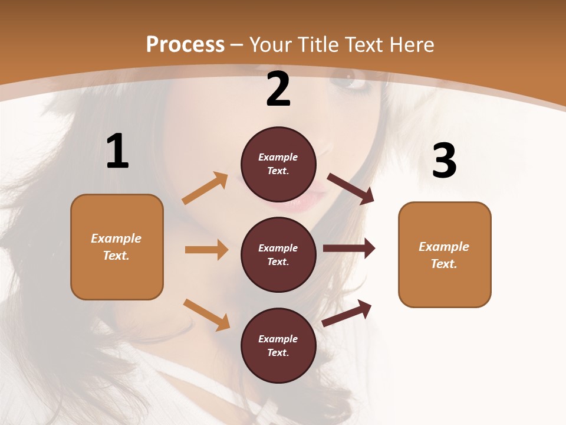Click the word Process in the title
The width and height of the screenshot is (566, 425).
[185, 45]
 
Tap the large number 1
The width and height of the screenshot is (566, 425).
[117, 152]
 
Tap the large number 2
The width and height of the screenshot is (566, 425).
[278, 89]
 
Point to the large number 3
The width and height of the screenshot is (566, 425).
[444, 161]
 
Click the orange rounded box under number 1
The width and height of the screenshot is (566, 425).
[117, 247]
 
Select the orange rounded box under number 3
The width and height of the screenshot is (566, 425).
[445, 255]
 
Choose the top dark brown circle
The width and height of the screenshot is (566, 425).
[278, 164]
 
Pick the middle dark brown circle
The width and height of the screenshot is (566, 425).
[278, 255]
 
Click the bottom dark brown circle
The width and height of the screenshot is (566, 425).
[278, 346]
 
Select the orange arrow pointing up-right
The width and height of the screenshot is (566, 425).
[205, 188]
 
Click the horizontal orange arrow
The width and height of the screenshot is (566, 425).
[206, 250]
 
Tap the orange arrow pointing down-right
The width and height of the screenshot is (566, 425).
[206, 315]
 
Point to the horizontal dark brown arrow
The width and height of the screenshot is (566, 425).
[349, 249]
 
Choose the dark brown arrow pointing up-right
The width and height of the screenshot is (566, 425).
[347, 313]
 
